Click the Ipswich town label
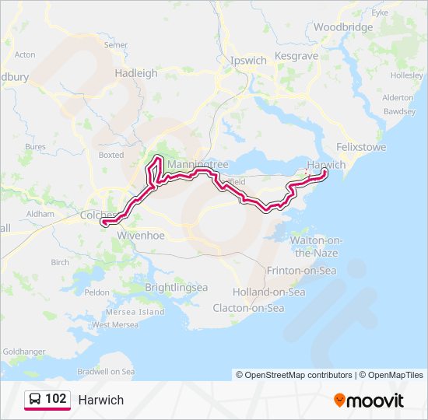(x=248, y=60)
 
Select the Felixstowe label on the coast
(x=360, y=146)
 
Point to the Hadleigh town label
(x=136, y=73)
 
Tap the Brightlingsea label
(x=177, y=287)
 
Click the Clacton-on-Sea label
(x=248, y=308)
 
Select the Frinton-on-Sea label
(x=301, y=271)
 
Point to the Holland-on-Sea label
(x=268, y=292)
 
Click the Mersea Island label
(x=140, y=312)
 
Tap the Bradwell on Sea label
(x=106, y=372)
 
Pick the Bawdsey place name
(x=400, y=111)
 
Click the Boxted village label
(x=111, y=155)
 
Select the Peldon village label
(x=97, y=292)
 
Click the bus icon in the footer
(x=35, y=399)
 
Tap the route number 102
(x=55, y=399)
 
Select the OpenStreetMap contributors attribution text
(x=294, y=375)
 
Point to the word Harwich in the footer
(x=100, y=400)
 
